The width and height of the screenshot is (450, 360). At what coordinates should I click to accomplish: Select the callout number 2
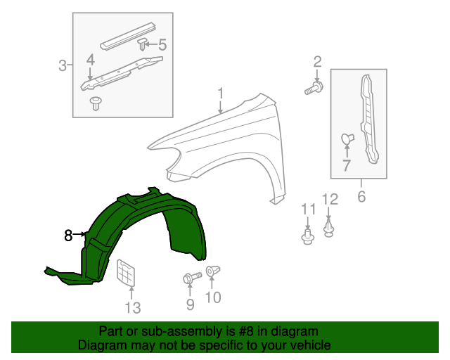coord(317,61)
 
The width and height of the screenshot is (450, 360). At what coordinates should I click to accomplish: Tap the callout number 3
coord(62,66)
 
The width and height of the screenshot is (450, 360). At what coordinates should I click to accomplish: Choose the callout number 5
coord(162,45)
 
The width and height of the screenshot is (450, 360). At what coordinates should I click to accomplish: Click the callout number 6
coord(361,197)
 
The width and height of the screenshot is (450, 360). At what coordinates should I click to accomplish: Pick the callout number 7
coord(346,166)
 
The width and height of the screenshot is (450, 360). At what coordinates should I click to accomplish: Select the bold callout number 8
coord(68,236)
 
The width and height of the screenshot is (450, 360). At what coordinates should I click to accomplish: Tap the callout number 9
coord(190,303)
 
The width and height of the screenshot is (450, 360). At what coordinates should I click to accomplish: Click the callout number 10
coord(212,297)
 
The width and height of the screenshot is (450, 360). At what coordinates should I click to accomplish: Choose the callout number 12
coord(330,199)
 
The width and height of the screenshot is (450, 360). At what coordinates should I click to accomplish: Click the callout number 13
coord(133,307)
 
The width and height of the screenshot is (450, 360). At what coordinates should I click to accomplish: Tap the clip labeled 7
coord(346,139)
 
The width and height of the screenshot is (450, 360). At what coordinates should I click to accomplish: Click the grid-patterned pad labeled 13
coord(125,273)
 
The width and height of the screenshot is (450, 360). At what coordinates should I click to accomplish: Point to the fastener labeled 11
coord(307,236)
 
